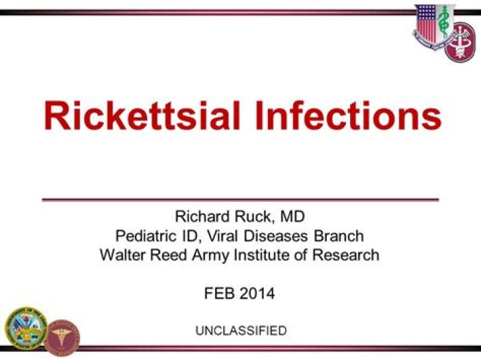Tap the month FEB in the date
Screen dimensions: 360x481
(218, 294)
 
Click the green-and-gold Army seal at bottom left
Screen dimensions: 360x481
(25, 328)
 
